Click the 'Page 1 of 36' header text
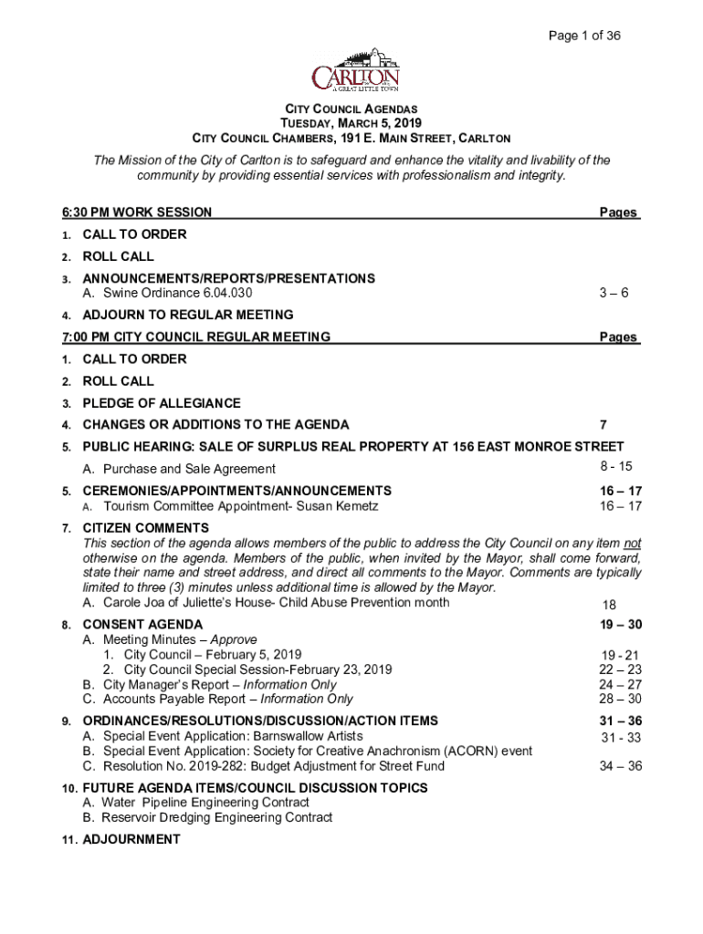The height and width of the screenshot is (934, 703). [x=584, y=36]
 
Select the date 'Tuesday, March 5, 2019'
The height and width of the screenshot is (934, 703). [x=351, y=123]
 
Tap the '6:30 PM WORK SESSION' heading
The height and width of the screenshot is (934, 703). [x=137, y=213]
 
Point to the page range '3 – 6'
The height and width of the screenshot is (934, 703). [x=614, y=293]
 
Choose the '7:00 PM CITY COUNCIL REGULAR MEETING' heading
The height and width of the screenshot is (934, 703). [x=195, y=337]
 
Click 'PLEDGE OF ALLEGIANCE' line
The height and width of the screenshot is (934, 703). [x=162, y=403]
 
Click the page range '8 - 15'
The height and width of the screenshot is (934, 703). [x=613, y=466]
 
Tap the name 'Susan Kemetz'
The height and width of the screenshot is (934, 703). [x=340, y=506]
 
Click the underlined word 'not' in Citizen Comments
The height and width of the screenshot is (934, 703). [x=633, y=543]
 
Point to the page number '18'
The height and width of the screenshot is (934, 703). [x=610, y=605]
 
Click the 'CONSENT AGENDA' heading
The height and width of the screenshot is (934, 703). [x=142, y=626]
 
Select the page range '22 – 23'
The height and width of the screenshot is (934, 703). [x=620, y=669]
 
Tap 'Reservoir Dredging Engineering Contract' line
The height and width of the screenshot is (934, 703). [x=217, y=817]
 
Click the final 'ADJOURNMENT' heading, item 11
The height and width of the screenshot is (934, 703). [x=131, y=839]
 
